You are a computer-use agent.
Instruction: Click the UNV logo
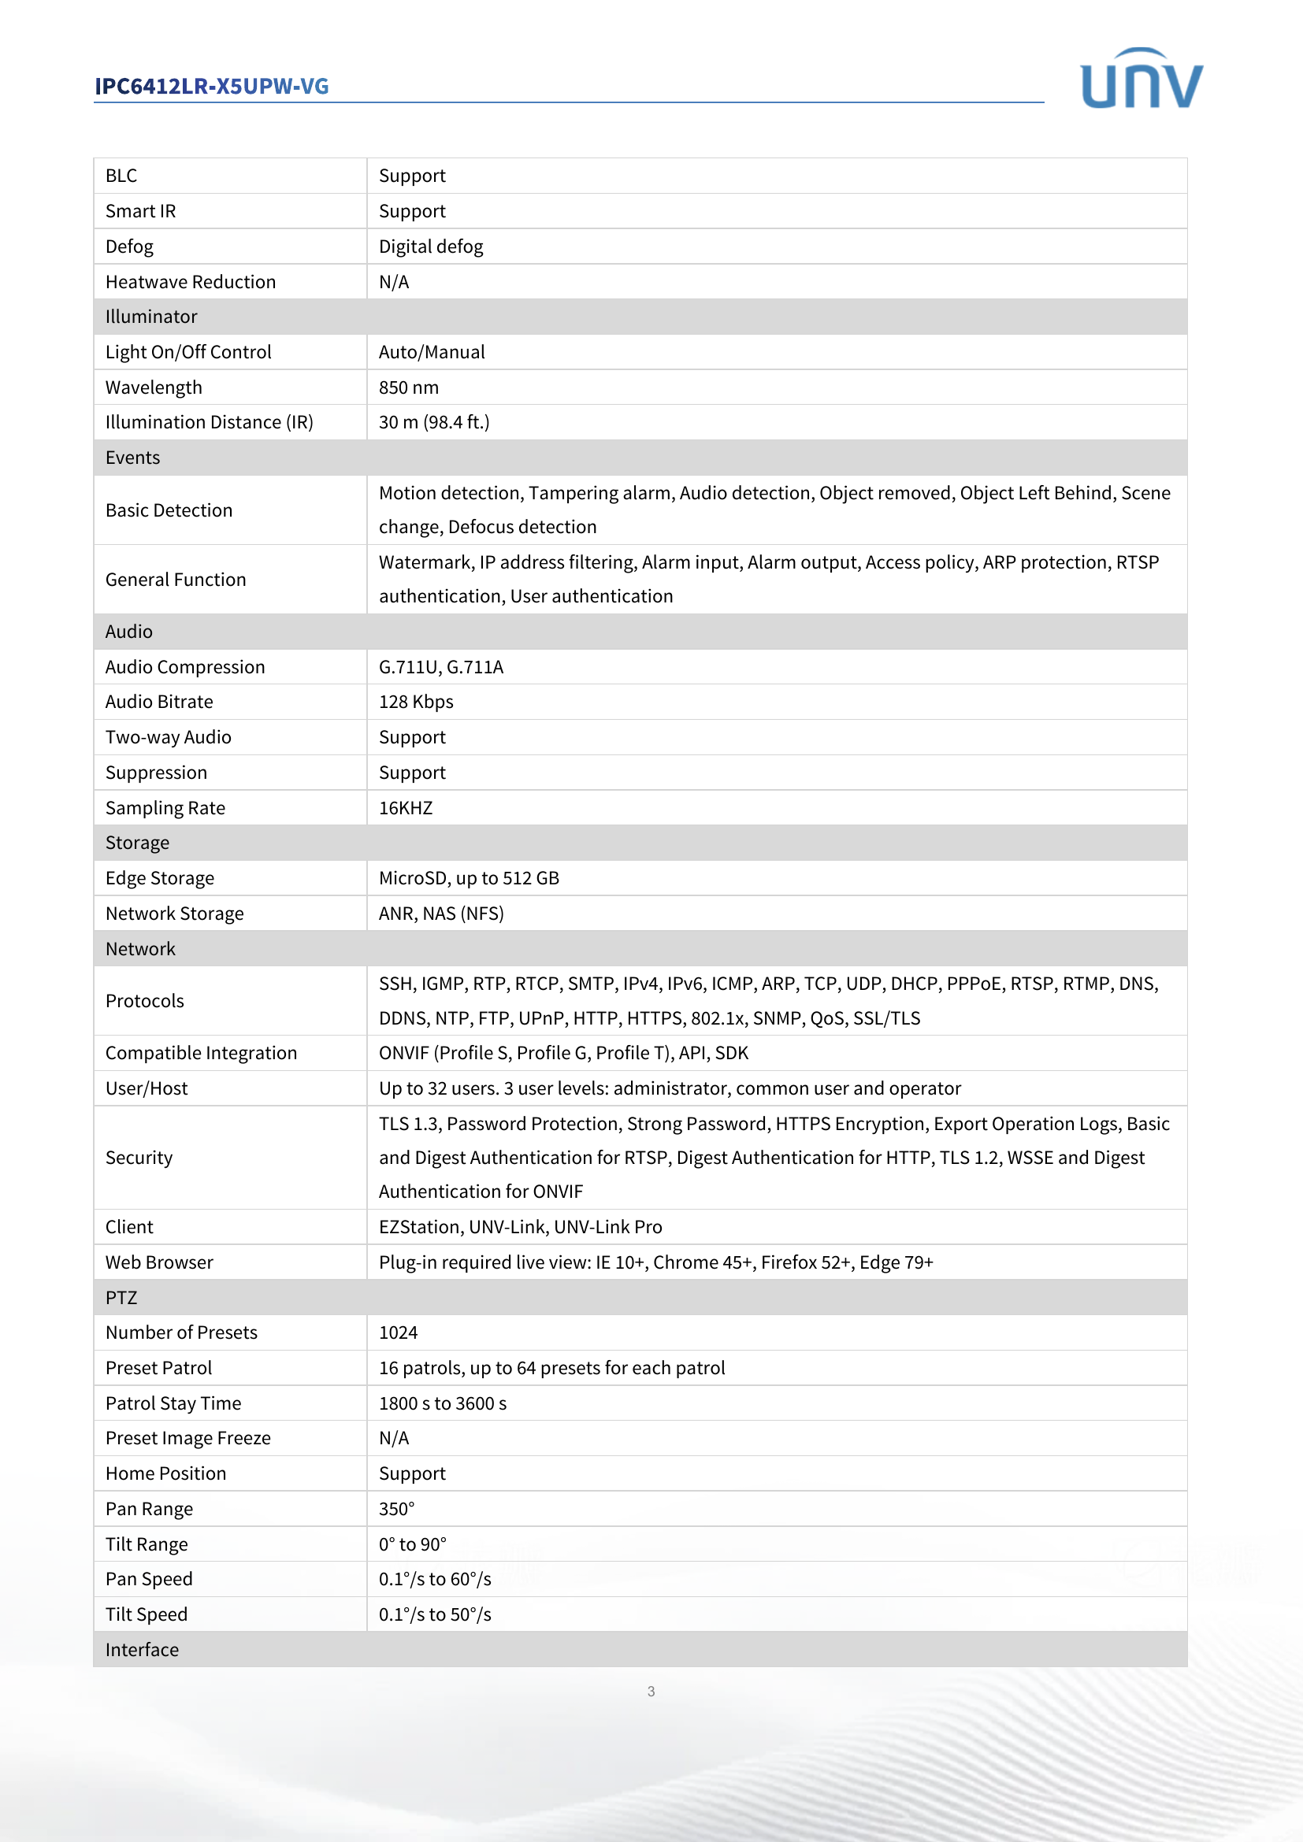[1141, 79]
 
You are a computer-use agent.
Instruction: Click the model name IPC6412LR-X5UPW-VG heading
[212, 86]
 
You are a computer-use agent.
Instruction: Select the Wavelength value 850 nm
[408, 387]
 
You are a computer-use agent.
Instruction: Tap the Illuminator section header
[150, 317]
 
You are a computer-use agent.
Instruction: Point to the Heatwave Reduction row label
[190, 282]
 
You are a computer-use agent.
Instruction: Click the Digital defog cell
[431, 246]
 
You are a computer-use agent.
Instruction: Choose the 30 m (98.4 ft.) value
[434, 422]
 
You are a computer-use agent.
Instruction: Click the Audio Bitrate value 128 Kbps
[416, 702]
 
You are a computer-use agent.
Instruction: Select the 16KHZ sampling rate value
[405, 808]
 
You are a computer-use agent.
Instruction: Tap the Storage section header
[137, 843]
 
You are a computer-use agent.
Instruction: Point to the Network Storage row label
[174, 914]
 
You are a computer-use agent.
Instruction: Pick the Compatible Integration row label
[201, 1054]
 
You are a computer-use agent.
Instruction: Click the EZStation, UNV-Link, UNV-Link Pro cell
[520, 1228]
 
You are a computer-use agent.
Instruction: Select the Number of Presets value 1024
[398, 1332]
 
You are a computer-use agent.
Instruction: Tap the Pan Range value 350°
[396, 1509]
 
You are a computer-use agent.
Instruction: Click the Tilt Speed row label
[146, 1614]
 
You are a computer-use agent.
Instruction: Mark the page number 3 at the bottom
[651, 1691]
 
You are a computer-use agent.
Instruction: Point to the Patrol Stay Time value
[442, 1403]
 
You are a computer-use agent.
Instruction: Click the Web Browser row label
[159, 1262]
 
